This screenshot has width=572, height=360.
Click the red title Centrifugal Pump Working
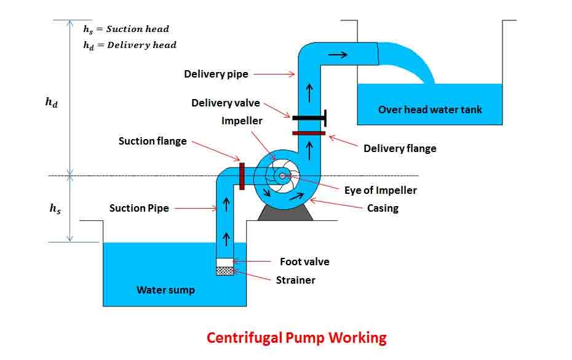coord(296,338)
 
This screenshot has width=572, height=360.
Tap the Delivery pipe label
coord(216,74)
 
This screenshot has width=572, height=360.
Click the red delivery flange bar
coord(308,132)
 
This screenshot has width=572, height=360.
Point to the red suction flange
coord(242,176)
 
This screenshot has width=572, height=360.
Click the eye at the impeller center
coord(282,176)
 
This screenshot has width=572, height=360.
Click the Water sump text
coord(165,290)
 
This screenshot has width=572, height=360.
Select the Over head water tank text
coord(430,110)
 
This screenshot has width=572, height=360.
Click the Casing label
coord(383,208)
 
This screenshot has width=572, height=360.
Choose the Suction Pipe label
coord(138,208)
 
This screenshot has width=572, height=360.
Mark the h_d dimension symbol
coord(52,103)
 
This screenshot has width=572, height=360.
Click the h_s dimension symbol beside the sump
coord(55,209)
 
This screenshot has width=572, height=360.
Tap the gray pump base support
coord(285,212)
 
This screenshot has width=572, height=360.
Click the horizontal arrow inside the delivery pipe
coord(338,55)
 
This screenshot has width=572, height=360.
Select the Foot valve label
coord(304,262)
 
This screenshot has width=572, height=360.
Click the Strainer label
coord(295,280)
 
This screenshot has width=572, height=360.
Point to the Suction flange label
coord(153,141)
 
